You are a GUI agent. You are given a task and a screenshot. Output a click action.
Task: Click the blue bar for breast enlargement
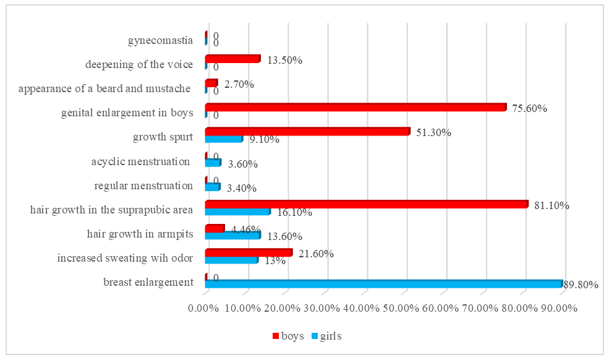(383, 284)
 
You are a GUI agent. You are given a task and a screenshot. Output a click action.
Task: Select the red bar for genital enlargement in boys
(356, 107)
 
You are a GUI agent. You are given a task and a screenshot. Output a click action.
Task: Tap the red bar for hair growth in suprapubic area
(367, 204)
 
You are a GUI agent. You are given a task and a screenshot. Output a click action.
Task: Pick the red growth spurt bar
(307, 131)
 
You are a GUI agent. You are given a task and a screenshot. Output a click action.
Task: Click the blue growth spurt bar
(223, 139)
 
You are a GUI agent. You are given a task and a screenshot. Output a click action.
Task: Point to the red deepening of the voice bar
(232, 59)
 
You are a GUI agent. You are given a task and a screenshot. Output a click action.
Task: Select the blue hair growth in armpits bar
(232, 236)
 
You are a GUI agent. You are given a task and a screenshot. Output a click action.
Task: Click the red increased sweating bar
(248, 252)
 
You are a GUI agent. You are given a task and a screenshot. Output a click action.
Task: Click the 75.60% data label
(530, 108)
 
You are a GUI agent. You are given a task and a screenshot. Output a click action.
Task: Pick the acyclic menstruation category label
(141, 162)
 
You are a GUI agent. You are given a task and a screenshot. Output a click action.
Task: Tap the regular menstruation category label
(143, 186)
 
